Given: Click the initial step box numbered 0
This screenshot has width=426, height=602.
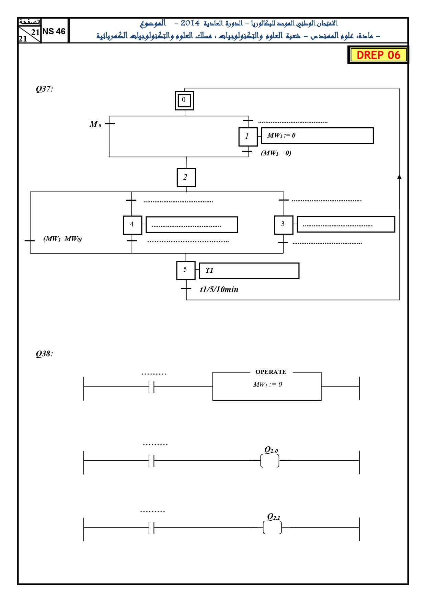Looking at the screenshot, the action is pyautogui.click(x=185, y=101).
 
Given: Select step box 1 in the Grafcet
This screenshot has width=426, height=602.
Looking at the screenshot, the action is pyautogui.click(x=248, y=137).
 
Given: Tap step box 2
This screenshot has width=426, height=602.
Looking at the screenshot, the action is pyautogui.click(x=186, y=177).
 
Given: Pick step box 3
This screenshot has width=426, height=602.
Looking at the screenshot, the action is pyautogui.click(x=284, y=225).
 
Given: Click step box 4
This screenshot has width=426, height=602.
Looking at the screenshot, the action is pyautogui.click(x=133, y=225).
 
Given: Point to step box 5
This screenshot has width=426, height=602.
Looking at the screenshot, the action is pyautogui.click(x=186, y=270).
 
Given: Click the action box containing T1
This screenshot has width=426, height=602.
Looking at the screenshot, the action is pyautogui.click(x=249, y=271).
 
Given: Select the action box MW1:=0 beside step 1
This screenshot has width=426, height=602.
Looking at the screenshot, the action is pyautogui.click(x=318, y=135).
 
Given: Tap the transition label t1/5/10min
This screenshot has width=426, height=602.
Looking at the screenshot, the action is pyautogui.click(x=219, y=290).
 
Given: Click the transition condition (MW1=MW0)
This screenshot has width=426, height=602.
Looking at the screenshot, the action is pyautogui.click(x=62, y=239).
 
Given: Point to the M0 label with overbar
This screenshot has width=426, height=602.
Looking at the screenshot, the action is pyautogui.click(x=95, y=123).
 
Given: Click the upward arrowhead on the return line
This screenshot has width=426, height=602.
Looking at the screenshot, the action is pyautogui.click(x=399, y=177).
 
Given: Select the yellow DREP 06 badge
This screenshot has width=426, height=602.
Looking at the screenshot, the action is pyautogui.click(x=378, y=55).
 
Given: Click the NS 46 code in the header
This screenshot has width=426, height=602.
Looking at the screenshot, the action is pyautogui.click(x=54, y=31).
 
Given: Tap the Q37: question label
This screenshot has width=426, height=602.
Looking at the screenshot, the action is pyautogui.click(x=45, y=89).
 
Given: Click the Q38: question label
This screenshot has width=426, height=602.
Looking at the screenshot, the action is pyautogui.click(x=45, y=354).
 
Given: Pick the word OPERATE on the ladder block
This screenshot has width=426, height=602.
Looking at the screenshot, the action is pyautogui.click(x=271, y=372).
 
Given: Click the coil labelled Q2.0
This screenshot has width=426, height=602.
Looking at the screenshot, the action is pyautogui.click(x=270, y=461).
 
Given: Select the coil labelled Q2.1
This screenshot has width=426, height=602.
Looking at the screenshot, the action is pyautogui.click(x=272, y=527).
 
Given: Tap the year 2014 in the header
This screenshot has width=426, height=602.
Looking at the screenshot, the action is pyautogui.click(x=190, y=23).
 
